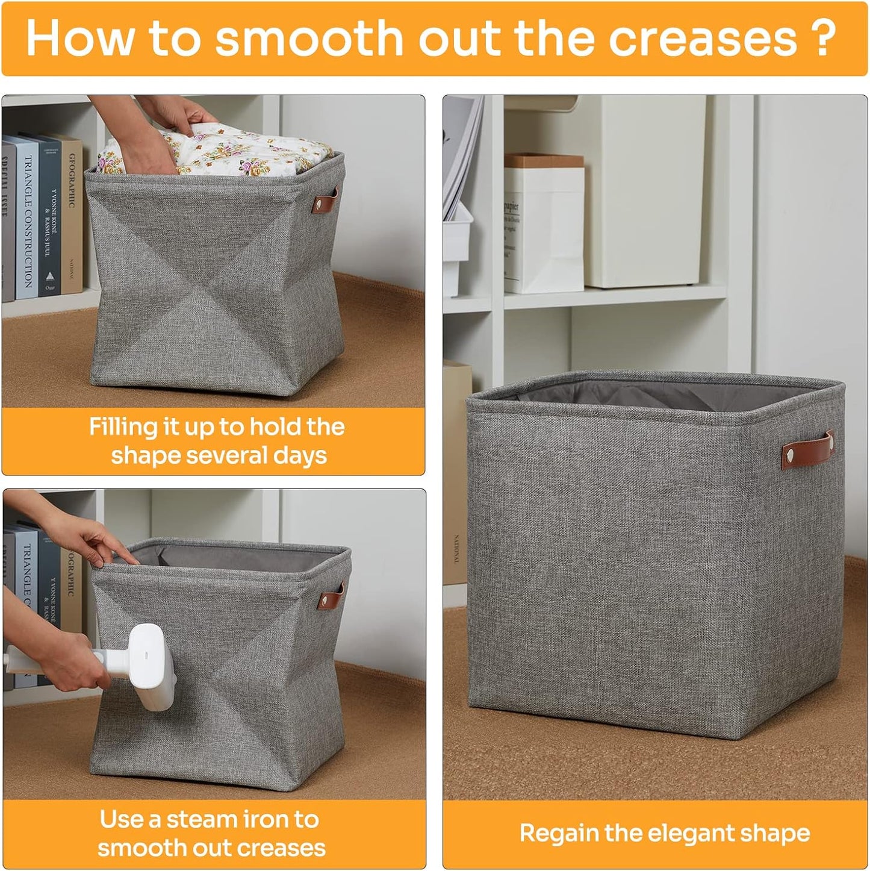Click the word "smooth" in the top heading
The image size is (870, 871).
(x=308, y=39)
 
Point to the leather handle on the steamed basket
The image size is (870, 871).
(x=331, y=596)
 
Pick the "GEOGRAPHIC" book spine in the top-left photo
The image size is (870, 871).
(x=72, y=217)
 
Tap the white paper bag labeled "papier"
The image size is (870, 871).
(x=543, y=229)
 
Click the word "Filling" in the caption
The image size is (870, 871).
(x=123, y=427)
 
